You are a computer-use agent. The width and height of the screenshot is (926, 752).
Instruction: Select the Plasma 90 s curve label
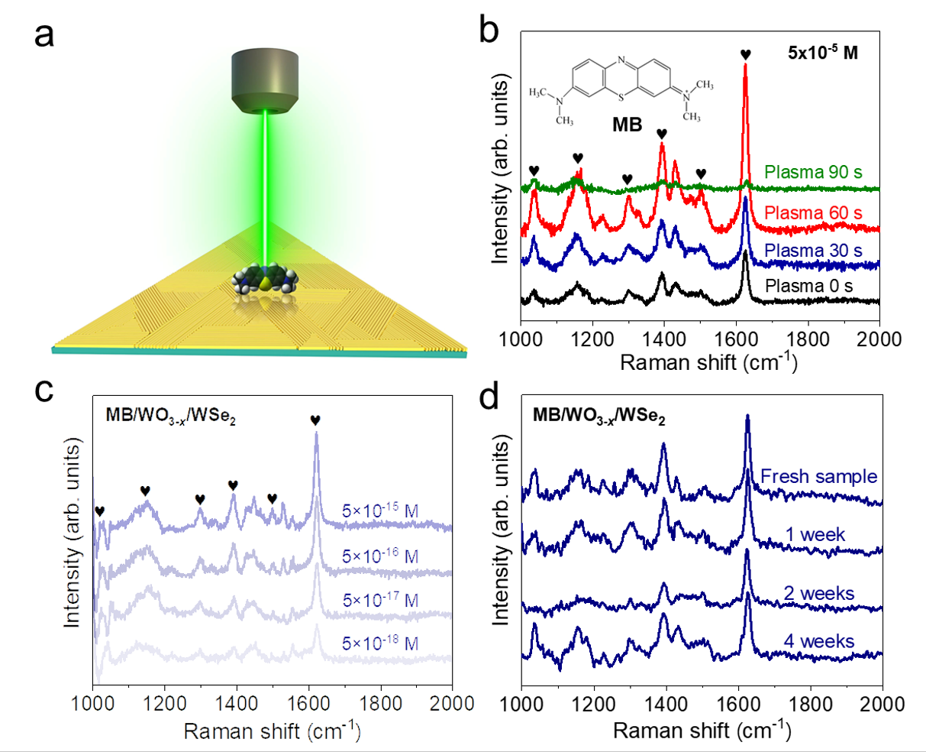pos(814,172)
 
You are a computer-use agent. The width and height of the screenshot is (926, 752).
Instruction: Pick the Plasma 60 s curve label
pos(813,212)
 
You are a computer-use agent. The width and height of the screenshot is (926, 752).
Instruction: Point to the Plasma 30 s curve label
pos(813,251)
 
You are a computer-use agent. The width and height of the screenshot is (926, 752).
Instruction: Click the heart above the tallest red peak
pos(745,54)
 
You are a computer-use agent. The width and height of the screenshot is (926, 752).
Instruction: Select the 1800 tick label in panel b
pos(808,338)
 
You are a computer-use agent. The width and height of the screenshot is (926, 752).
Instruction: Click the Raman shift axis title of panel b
pos(708,361)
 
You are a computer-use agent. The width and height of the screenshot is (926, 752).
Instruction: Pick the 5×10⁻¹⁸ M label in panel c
pos(380,644)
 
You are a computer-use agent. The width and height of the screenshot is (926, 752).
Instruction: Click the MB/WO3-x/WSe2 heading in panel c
pos(169,417)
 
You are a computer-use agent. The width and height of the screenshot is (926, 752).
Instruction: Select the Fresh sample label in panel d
pos(818,477)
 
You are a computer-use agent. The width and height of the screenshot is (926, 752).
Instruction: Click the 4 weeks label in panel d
pos(818,640)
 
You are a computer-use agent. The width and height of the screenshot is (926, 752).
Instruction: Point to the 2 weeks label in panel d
pos(818,594)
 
